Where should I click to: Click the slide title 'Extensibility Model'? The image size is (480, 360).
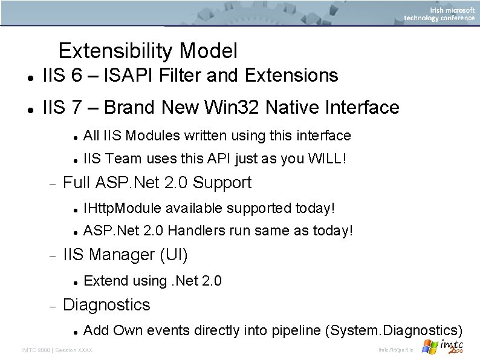[148, 51]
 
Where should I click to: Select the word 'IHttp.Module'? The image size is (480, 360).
[123, 209]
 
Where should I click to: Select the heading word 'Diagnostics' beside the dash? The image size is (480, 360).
[106, 305]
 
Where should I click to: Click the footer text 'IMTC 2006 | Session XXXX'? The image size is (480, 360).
[57, 350]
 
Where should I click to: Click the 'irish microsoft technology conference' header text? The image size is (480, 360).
[439, 14]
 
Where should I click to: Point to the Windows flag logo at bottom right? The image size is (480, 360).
[430, 347]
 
